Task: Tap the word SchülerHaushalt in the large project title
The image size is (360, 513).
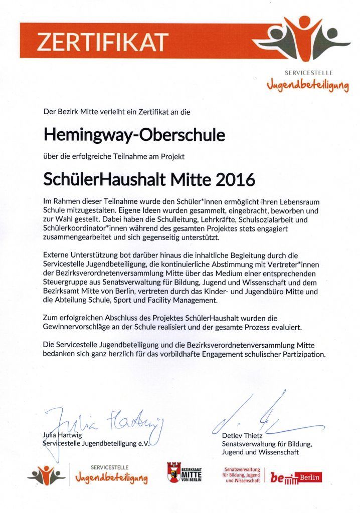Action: point(104,179)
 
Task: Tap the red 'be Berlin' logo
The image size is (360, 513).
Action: point(296,477)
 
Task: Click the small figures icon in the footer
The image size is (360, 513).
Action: point(47,474)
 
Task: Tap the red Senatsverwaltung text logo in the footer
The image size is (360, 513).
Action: point(242,474)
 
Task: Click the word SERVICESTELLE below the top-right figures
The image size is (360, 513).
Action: point(308,73)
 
